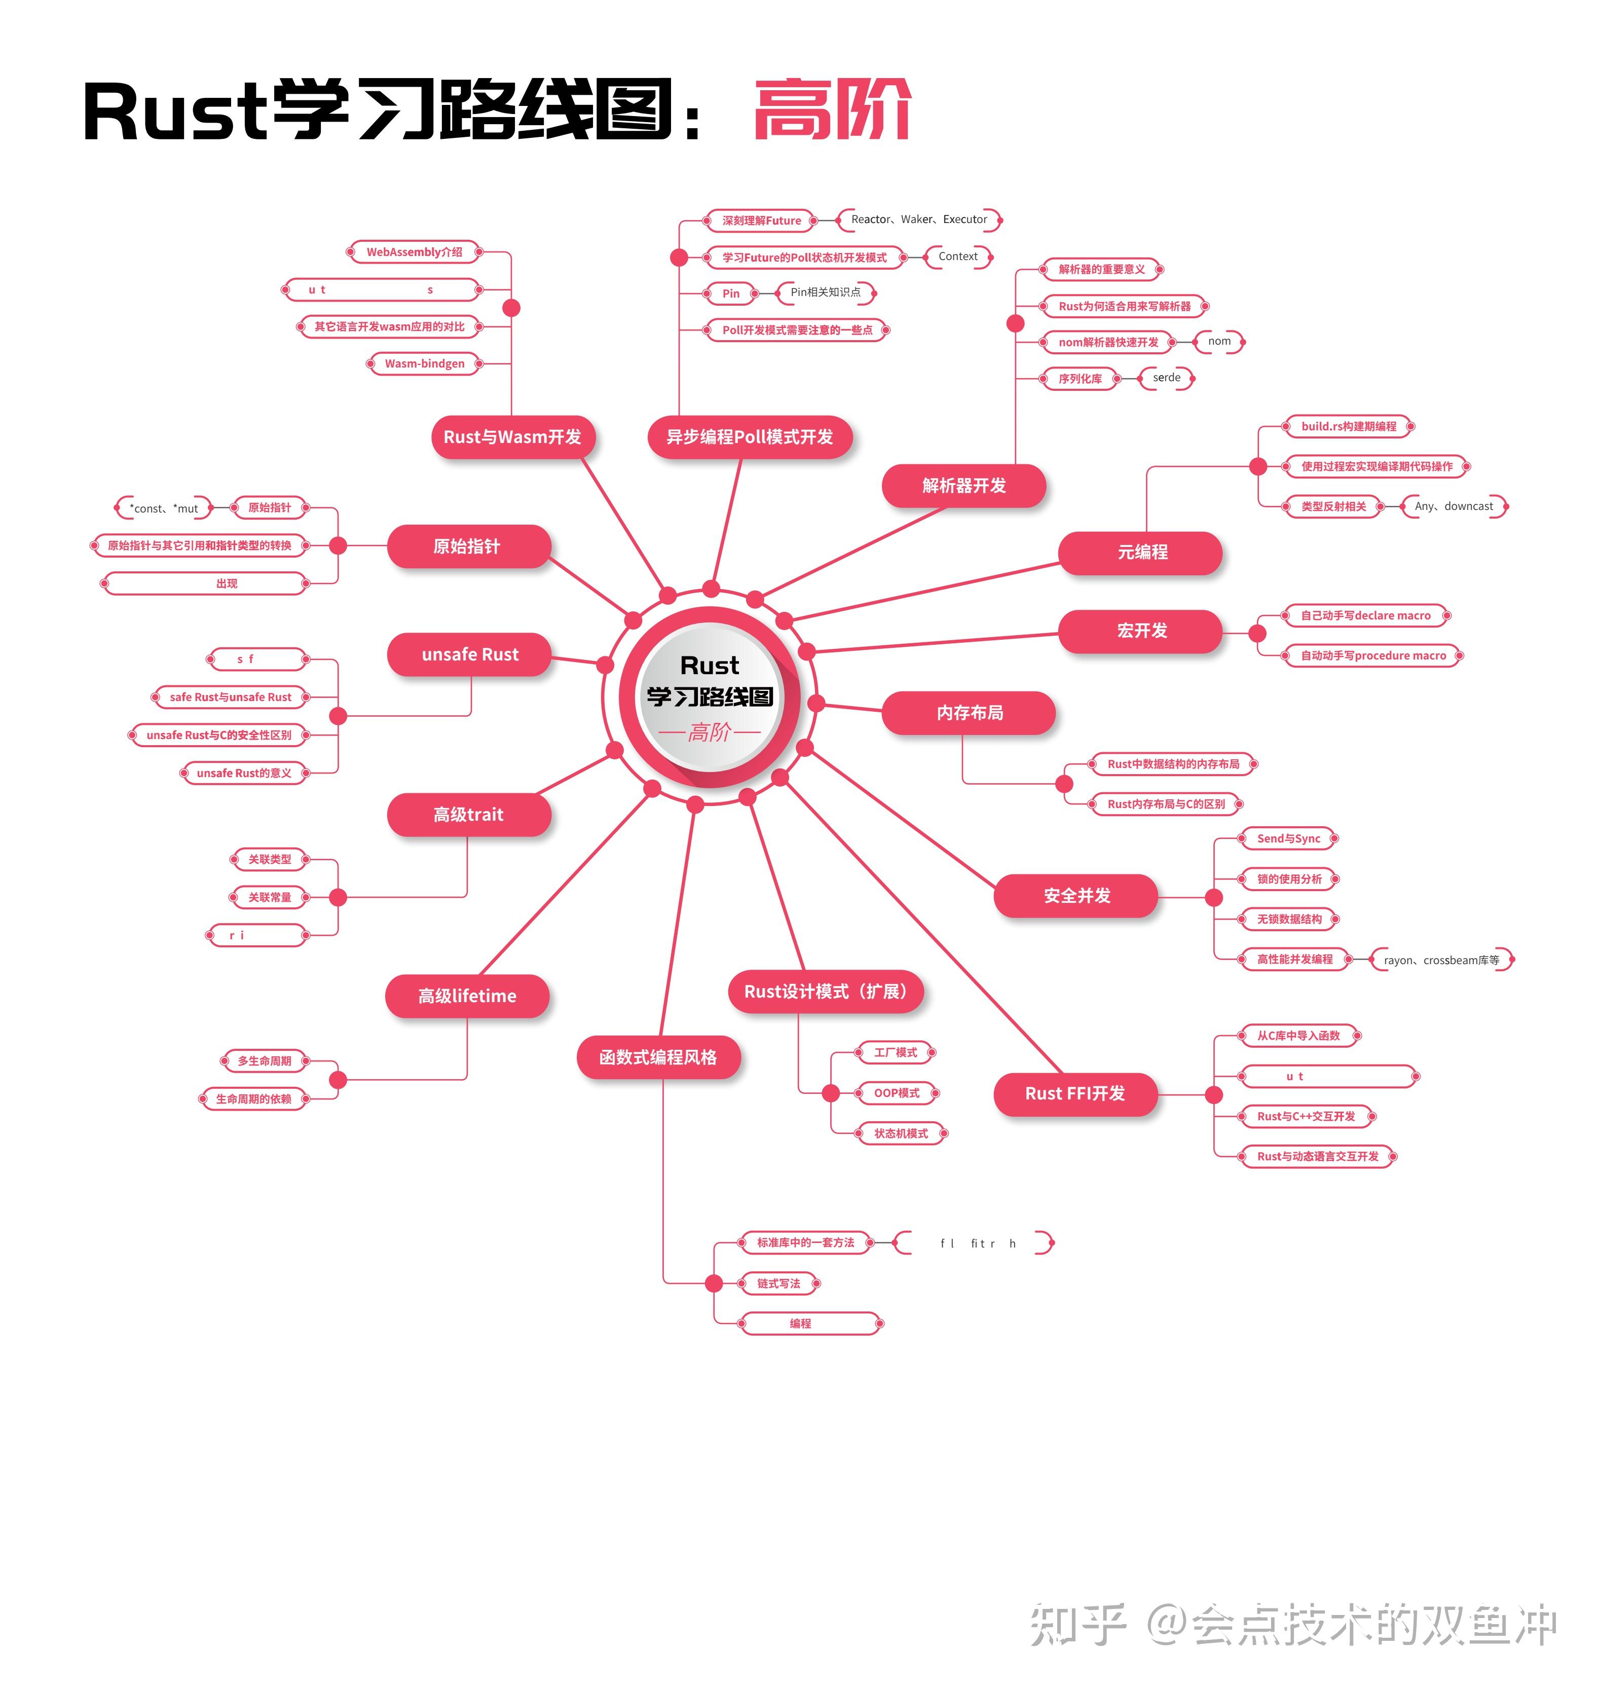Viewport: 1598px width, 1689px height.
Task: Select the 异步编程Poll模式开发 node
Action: pos(750,437)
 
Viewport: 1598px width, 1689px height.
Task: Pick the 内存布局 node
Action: pos(970,713)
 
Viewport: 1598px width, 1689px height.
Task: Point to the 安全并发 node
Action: pos(1076,895)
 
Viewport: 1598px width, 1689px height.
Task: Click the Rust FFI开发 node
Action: pos(1075,1093)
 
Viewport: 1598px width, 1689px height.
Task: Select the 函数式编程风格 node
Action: pos(658,1057)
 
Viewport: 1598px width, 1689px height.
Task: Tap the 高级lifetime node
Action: pos(467,996)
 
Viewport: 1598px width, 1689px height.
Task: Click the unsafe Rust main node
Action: pos(469,654)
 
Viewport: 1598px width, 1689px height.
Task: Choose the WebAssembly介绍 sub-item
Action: pos(414,252)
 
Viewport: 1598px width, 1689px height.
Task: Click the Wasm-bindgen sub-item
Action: pos(424,363)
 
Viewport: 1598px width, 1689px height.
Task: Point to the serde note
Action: pos(1166,377)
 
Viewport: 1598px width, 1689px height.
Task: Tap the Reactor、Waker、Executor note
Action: pos(918,220)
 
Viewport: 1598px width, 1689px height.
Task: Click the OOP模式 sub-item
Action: pos(896,1093)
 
